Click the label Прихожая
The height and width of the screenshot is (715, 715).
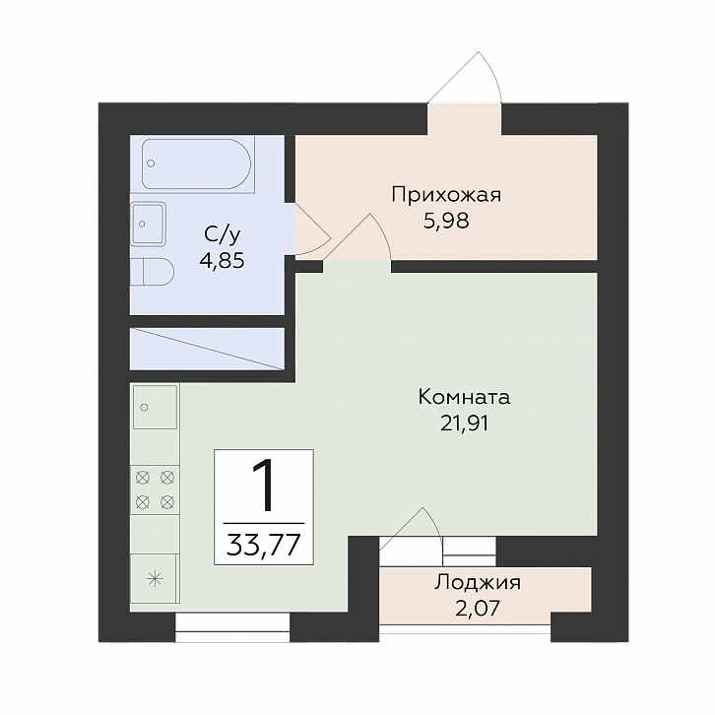(x=446, y=195)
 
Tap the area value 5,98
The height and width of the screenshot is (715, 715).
(x=446, y=222)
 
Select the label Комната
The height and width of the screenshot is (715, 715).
(x=464, y=397)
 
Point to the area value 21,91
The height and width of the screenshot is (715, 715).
(x=464, y=423)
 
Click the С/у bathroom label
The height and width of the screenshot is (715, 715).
(x=222, y=234)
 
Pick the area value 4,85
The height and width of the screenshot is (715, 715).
(x=222, y=261)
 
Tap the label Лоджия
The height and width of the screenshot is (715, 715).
(x=478, y=583)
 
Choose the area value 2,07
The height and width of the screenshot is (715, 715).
(x=478, y=608)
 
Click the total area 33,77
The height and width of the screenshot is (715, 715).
(x=264, y=544)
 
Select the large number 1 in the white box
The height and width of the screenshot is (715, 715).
(x=263, y=486)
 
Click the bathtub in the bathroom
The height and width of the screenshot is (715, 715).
(x=196, y=163)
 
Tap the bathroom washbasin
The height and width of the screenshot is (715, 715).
(x=148, y=224)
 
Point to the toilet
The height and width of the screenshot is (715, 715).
(x=152, y=272)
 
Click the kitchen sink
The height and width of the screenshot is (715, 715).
(x=155, y=407)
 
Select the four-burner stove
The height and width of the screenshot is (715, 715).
(x=155, y=490)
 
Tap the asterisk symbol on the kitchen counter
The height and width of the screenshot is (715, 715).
(x=155, y=579)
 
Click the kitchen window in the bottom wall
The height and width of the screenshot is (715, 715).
(x=232, y=627)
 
